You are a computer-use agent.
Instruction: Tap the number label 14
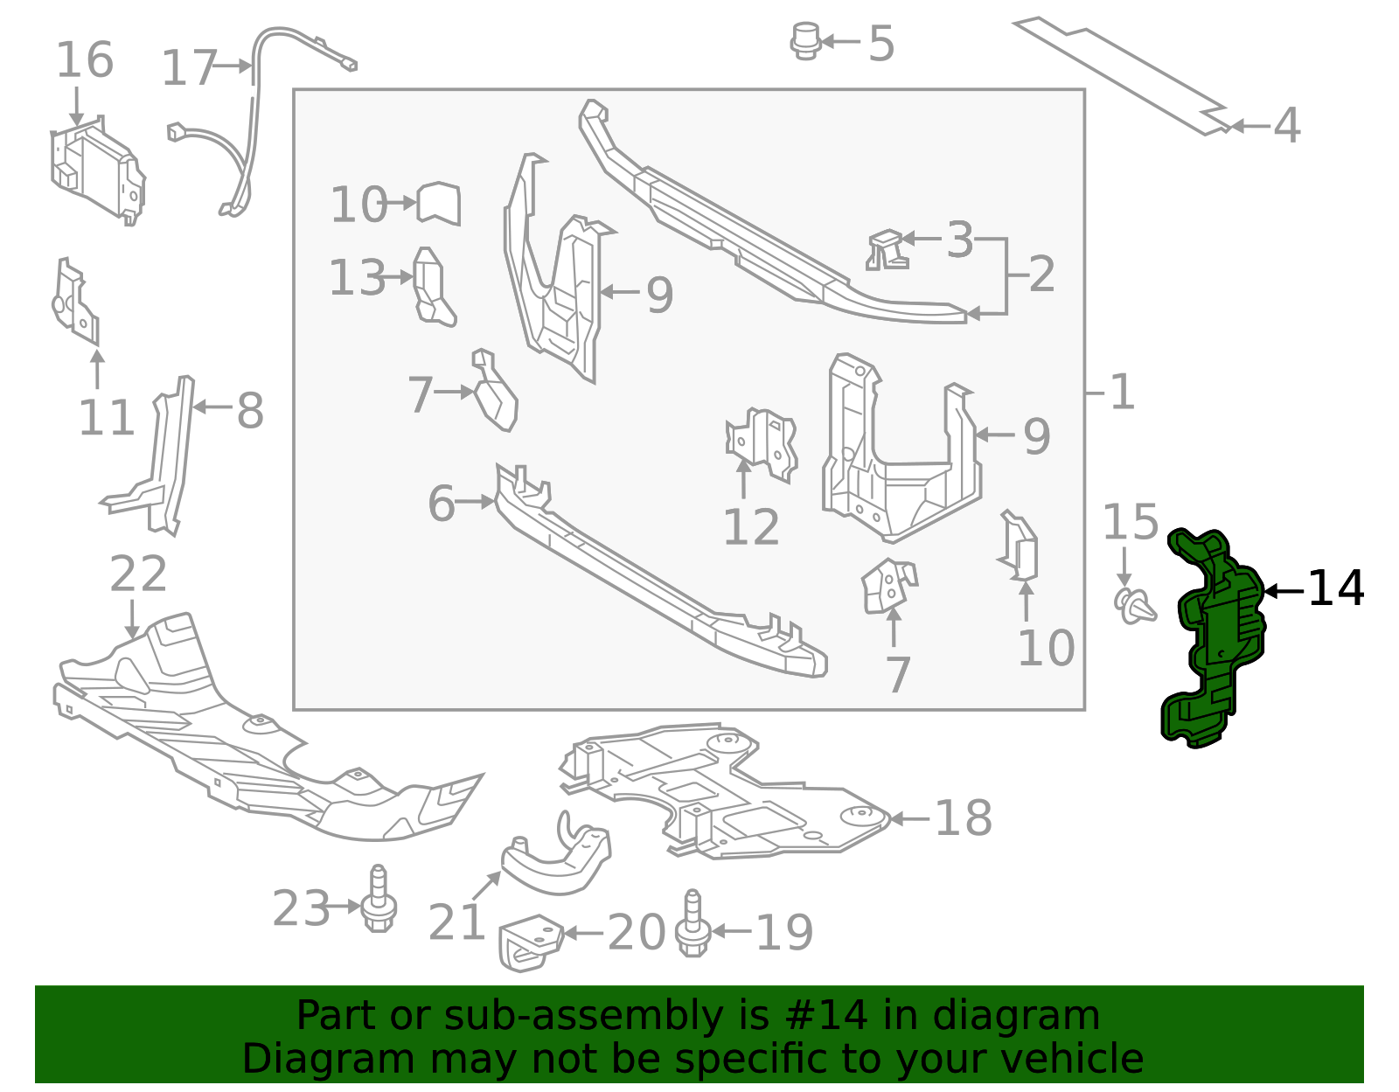pos(1335,589)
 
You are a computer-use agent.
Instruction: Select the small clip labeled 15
pos(1135,605)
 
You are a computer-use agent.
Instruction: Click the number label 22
pos(138,574)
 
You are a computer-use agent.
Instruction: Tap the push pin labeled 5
pos(805,41)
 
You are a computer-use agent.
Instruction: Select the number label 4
pos(1286,126)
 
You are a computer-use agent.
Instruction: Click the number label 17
pos(189,68)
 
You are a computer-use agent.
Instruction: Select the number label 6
pos(441,504)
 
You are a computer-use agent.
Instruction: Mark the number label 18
pos(963,819)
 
